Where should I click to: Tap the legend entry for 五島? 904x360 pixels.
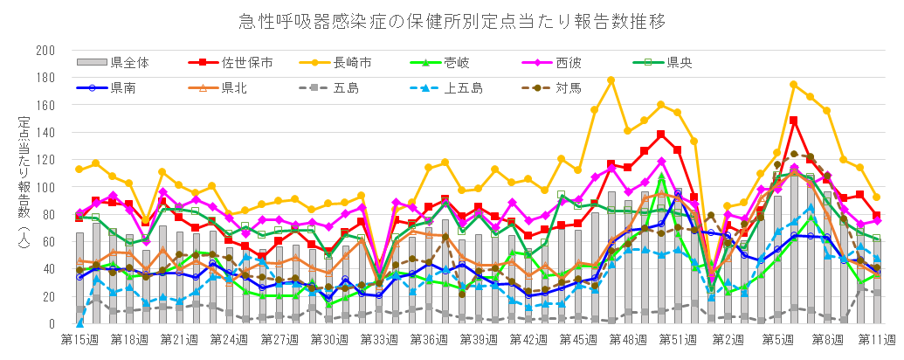(x=346, y=87)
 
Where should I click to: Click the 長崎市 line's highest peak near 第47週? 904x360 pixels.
(x=611, y=80)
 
